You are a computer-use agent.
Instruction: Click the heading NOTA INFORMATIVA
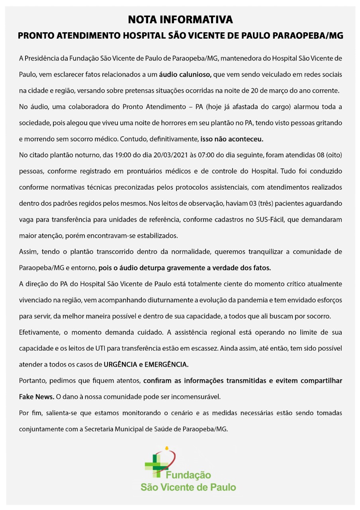click(180, 20)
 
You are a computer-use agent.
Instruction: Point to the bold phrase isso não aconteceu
click(232, 139)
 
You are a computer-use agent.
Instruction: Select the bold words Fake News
click(37, 397)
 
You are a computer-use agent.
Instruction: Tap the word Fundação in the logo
click(188, 475)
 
